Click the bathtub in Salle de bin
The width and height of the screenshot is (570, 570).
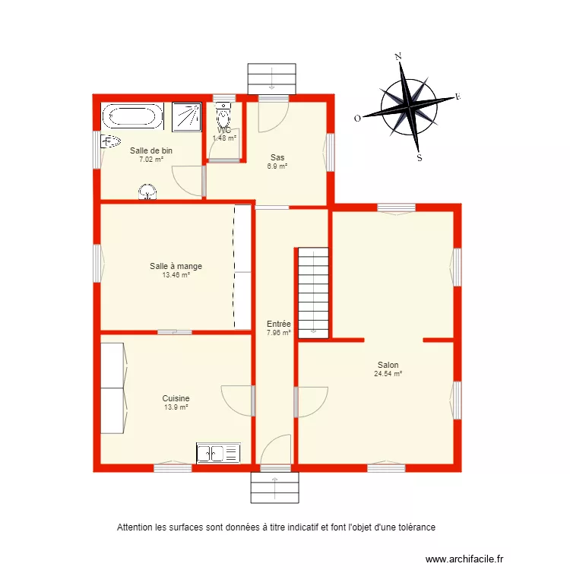[132, 116]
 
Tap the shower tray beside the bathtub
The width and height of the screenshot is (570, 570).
[186, 116]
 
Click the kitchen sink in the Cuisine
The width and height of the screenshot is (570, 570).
[218, 454]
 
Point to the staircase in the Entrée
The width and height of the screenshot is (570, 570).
[312, 291]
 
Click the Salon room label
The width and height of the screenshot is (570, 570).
[388, 365]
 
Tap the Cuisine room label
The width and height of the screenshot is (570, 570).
[176, 398]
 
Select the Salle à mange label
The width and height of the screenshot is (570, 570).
[176, 266]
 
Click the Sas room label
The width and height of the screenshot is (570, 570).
[277, 158]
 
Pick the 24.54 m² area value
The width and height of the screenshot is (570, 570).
[388, 374]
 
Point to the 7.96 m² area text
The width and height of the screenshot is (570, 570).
[278, 332]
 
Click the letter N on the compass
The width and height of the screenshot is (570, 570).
[397, 56]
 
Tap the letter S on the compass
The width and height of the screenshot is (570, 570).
[419, 158]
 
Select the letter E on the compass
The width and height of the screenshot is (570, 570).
[458, 97]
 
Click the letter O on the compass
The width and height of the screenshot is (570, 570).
[357, 118]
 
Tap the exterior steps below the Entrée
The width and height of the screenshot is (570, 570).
[276, 487]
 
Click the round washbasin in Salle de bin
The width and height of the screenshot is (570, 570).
[146, 192]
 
